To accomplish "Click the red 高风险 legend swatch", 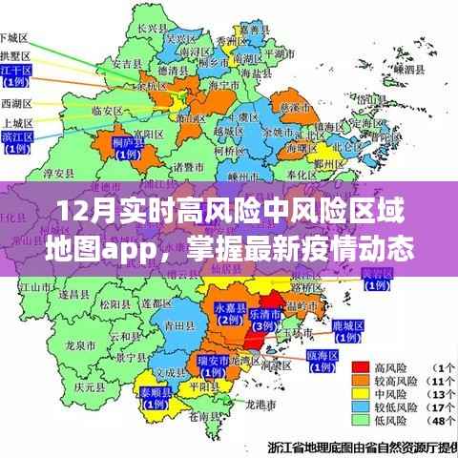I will [362, 367].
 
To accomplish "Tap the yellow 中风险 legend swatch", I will [362, 393].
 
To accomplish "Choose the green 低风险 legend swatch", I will [362, 419].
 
